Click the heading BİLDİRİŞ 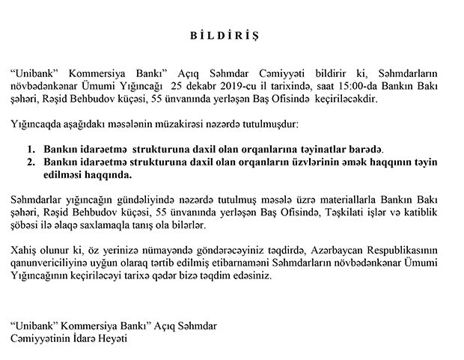[x=233, y=35]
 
